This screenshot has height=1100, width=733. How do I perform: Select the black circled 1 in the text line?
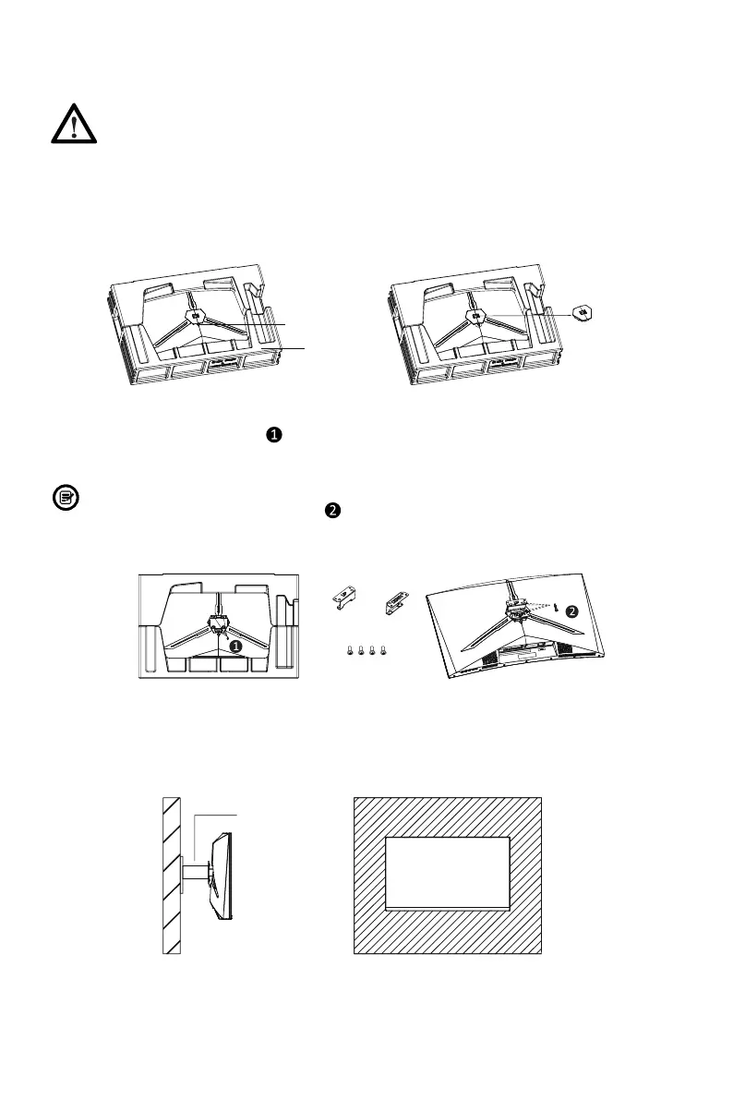tap(274, 434)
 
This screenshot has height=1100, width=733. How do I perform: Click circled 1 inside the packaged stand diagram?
tap(235, 646)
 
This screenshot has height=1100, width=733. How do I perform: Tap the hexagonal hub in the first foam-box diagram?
tap(195, 315)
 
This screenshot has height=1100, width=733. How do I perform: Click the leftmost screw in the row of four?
tap(349, 651)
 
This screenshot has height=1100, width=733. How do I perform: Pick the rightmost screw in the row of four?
tap(382, 651)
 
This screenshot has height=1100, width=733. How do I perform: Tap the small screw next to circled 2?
tap(558, 610)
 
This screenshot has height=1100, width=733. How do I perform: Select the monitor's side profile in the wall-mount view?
tap(219, 874)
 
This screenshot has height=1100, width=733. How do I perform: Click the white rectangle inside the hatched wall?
tap(447, 872)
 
